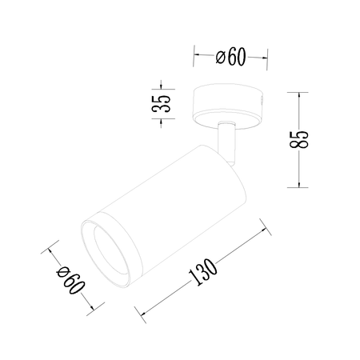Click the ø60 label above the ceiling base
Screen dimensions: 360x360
pos(230,56)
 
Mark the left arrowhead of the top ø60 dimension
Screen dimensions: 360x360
pos(196,57)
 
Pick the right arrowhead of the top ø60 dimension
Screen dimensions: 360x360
pos(265,57)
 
